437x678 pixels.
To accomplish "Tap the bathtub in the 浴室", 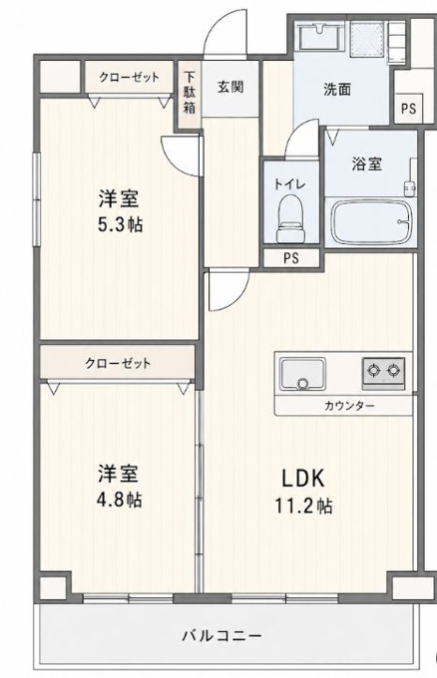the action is click(370, 222).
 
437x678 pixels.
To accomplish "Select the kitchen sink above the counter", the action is click(302, 374).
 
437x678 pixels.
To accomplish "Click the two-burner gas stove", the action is click(383, 372).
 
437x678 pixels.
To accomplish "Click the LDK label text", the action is click(303, 479).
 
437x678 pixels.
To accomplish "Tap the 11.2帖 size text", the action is click(304, 505).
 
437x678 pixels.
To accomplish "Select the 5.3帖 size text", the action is click(120, 224).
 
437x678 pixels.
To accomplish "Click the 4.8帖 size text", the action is click(119, 500).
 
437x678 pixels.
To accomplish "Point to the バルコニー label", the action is click(221, 636).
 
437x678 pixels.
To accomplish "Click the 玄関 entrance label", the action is click(230, 88).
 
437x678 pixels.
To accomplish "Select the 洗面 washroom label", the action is click(337, 89).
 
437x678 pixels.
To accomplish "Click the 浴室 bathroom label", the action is click(367, 164).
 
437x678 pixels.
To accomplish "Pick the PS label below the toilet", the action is click(291, 258).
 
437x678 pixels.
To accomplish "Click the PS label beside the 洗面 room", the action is click(408, 108).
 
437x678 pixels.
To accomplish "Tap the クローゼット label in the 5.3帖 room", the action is click(130, 78).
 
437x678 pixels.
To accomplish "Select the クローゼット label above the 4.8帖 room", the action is click(118, 363).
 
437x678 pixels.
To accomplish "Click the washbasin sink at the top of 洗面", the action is click(320, 35).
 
